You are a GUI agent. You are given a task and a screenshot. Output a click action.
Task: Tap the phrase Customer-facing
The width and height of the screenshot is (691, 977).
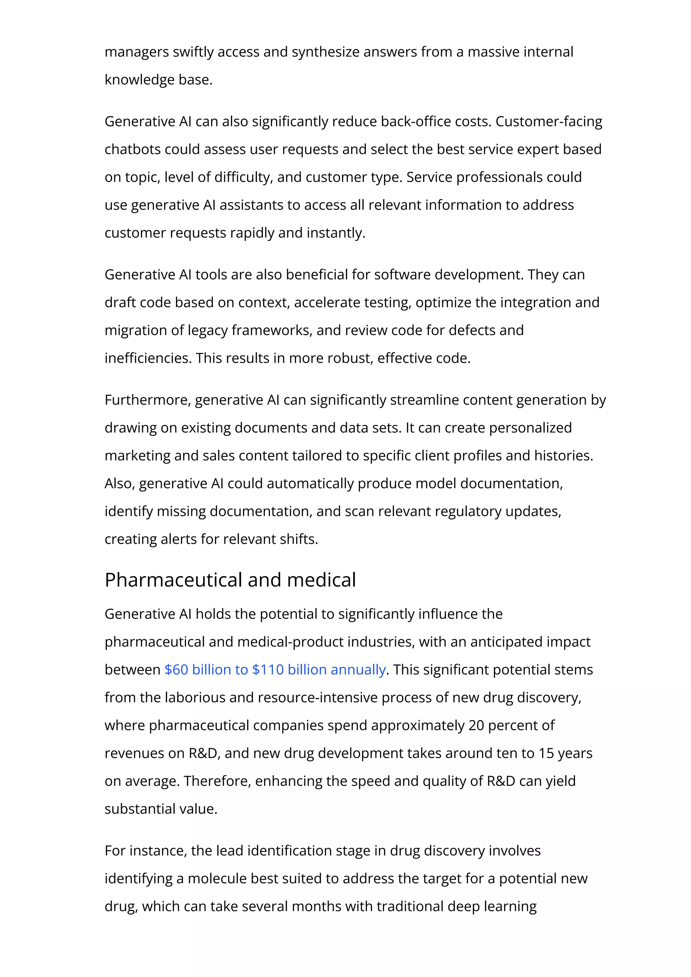click(549, 122)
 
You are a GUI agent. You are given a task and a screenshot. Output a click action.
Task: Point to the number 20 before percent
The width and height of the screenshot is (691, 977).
click(476, 725)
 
